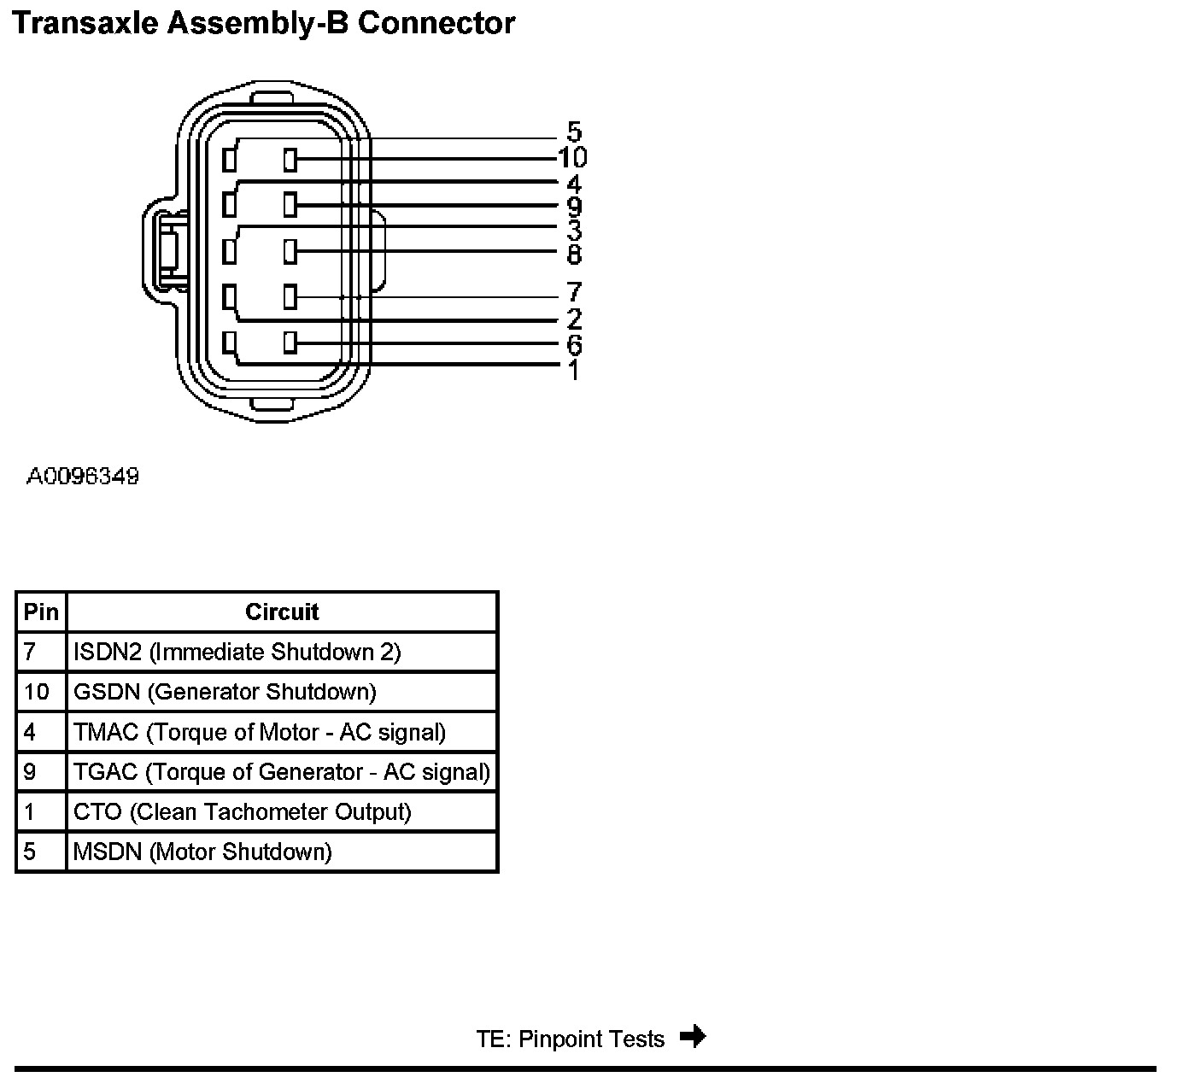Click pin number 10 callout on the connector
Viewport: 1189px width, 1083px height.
coord(572,157)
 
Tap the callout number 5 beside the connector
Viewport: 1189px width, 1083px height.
coord(574,132)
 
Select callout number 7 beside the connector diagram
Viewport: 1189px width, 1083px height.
coord(574,292)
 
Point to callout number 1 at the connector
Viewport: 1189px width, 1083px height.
coord(573,370)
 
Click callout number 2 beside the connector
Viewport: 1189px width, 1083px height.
coord(574,319)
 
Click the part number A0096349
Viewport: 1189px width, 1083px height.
coord(82,476)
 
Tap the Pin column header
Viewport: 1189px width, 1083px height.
coord(41,612)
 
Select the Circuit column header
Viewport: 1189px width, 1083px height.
coord(281,612)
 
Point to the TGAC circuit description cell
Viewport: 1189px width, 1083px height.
coord(282,772)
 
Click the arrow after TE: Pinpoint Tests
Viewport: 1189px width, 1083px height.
coord(693,1037)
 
